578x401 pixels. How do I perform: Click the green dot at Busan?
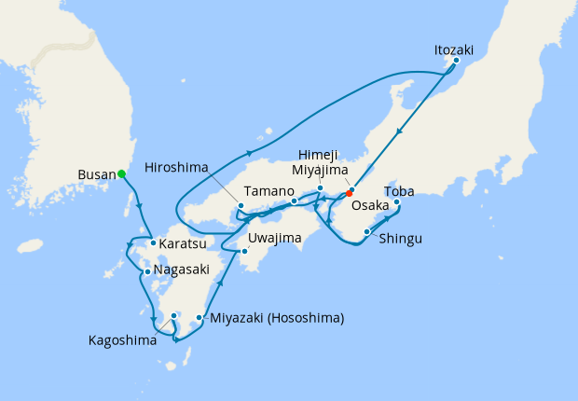click(x=121, y=173)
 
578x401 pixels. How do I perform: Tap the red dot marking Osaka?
click(x=350, y=193)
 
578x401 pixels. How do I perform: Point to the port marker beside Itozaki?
click(x=456, y=62)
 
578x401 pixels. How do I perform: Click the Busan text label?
click(x=96, y=174)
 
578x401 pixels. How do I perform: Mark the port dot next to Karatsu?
click(x=153, y=244)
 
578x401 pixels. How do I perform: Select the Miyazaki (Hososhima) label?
click(x=277, y=319)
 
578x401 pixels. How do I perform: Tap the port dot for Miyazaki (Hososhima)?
click(x=200, y=319)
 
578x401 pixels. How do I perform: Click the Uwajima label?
click(x=276, y=238)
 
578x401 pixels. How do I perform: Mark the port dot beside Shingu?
click(x=366, y=231)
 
